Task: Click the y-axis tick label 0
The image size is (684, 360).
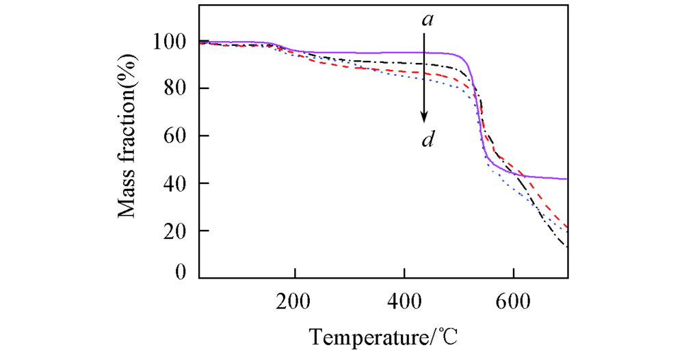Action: tap(181, 273)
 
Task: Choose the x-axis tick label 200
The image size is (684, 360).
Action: tap(295, 302)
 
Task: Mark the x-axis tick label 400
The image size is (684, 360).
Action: tap(404, 302)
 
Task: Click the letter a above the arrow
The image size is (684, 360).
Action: tap(427, 21)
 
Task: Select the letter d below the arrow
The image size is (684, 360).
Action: tap(426, 142)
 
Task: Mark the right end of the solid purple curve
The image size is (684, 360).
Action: tap(567, 179)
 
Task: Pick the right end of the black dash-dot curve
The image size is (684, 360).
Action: tap(567, 246)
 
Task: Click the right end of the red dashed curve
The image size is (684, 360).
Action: tap(567, 227)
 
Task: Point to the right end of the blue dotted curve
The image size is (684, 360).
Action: tap(567, 233)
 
